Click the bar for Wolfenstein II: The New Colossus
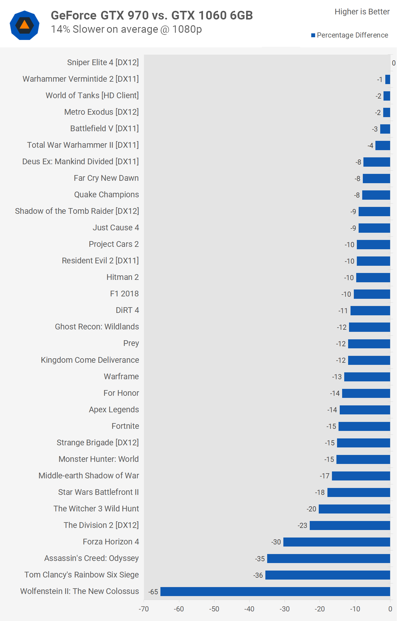coord(275,591)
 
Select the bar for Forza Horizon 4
coord(336,542)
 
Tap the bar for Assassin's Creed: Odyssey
coord(328,558)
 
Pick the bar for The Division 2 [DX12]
coord(350,525)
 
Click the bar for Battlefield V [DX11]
coord(385,129)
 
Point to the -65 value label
coord(153,592)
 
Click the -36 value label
coord(258,575)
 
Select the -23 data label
coord(302,526)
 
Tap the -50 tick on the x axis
coord(214,609)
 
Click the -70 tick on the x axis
coord(144,609)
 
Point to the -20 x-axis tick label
coord(320,609)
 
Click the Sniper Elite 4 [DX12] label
coord(103,62)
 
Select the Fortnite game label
coord(125,426)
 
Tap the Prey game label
coord(131,343)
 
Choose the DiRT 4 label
coord(127,310)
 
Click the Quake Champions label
coord(106,195)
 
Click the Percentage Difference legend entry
coord(350,35)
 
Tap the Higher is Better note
coord(362,12)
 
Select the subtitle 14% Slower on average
coord(126,29)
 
